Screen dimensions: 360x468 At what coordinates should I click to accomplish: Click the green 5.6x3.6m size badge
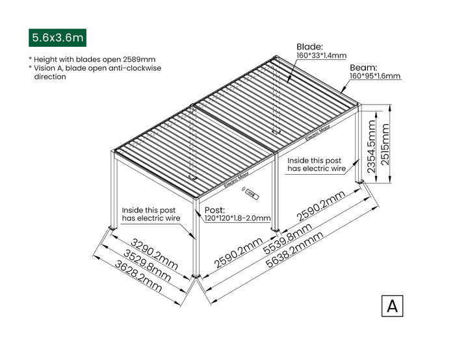tap(57, 38)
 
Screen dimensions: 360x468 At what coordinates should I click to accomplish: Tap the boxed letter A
tap(392, 305)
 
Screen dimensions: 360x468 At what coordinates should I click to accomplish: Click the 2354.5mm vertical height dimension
tap(370, 146)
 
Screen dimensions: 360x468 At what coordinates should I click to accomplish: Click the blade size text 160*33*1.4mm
tap(321, 56)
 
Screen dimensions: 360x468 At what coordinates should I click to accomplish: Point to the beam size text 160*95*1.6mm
tap(375, 76)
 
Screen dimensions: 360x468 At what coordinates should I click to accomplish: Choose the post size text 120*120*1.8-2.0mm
tap(237, 218)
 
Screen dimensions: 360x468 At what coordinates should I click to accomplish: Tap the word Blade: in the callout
tap(309, 47)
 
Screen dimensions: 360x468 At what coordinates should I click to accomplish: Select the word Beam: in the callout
tap(364, 67)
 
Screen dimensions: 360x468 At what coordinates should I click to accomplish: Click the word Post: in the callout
tap(214, 210)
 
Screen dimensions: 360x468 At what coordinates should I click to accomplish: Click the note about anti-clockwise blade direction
tap(94, 72)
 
